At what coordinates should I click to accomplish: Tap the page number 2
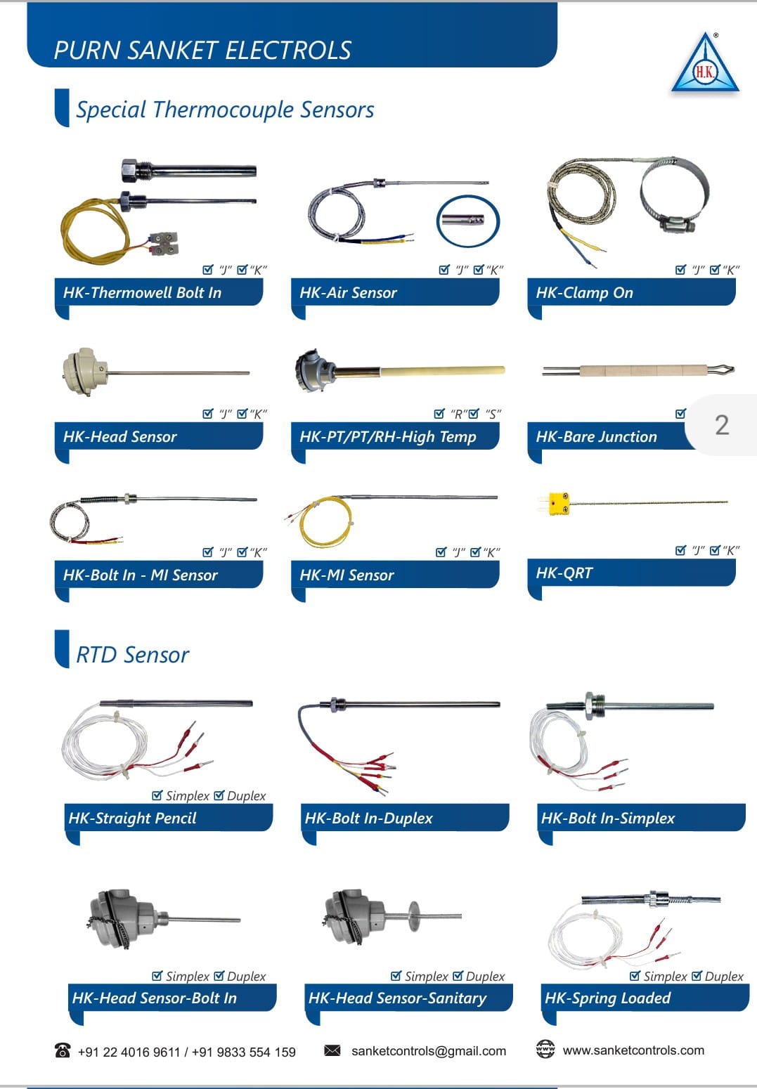722,425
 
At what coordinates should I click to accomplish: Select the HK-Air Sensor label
349,293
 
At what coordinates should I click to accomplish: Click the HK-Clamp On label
584,293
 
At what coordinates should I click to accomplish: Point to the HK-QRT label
564,573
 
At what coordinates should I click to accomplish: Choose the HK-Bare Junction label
597,436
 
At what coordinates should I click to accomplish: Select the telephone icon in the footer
63,1050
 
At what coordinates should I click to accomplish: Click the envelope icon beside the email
332,1050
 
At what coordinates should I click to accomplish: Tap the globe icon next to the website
545,1049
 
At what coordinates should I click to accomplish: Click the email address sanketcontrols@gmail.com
429,1051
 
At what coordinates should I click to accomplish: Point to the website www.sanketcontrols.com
633,1050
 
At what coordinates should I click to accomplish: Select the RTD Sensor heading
132,655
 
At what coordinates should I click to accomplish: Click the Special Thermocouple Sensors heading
225,110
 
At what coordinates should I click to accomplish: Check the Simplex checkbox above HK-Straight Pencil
157,795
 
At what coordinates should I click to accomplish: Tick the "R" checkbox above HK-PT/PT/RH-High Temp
439,413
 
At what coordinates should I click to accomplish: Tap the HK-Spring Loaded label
608,998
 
